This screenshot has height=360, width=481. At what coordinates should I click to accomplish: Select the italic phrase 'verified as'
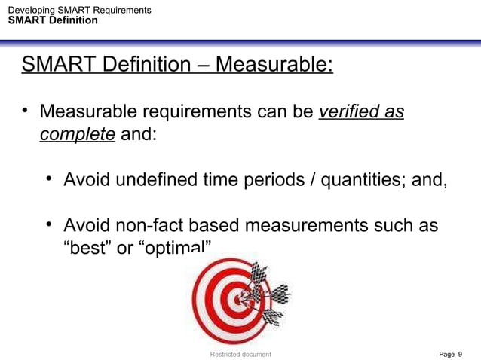click(x=361, y=113)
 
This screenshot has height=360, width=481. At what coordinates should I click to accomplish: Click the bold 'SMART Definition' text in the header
click(x=52, y=20)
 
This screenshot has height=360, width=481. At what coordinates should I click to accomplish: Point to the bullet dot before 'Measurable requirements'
click(x=25, y=112)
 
